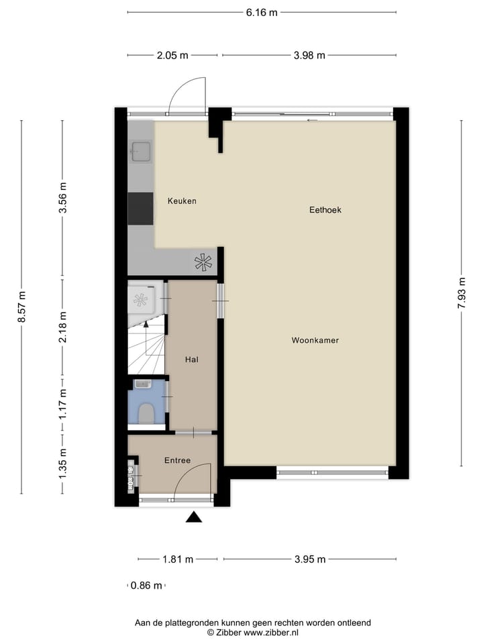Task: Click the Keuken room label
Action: tap(182, 201)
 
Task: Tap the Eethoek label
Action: tap(325, 210)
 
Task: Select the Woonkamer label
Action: tap(315, 341)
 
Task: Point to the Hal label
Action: tap(192, 360)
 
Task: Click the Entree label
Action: tap(178, 460)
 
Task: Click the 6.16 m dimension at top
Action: tap(262, 12)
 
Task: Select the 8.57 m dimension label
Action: tap(21, 307)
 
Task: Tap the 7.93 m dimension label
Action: tap(462, 293)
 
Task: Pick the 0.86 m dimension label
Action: tap(146, 586)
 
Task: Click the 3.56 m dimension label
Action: tap(63, 198)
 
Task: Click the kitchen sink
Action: tap(141, 152)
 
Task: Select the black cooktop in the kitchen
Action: tap(141, 209)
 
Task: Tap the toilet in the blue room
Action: tap(146, 413)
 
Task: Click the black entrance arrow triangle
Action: tap(194, 517)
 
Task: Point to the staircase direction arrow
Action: tap(146, 327)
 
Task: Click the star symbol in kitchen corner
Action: tap(203, 263)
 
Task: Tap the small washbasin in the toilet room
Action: tap(142, 384)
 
